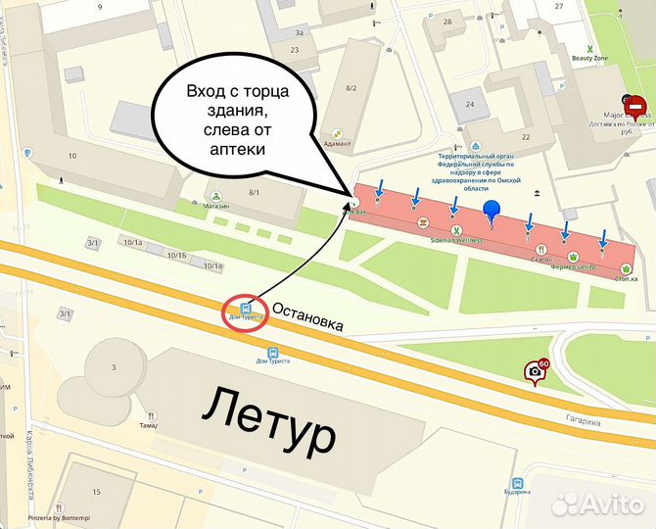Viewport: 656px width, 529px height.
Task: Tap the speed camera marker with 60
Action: pos(536,371)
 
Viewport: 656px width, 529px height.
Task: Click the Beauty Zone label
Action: pos(589,59)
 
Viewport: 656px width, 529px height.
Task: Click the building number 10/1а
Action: pos(132,241)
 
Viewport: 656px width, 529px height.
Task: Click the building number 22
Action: pos(526,137)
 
